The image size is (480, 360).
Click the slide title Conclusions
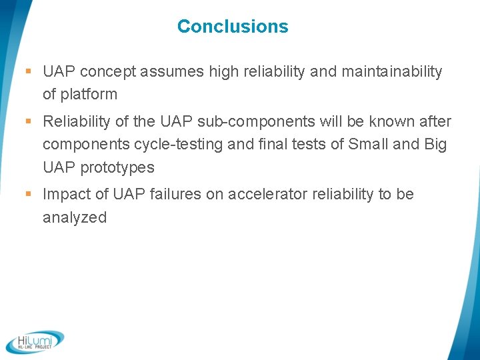tap(233, 27)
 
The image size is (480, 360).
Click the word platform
tap(89, 95)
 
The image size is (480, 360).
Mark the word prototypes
tap(117, 167)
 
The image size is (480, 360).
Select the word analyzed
tap(75, 217)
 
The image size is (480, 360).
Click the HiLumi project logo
tap(35, 341)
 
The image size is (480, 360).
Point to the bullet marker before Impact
tap(28, 195)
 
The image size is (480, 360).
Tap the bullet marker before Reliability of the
tap(28, 122)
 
